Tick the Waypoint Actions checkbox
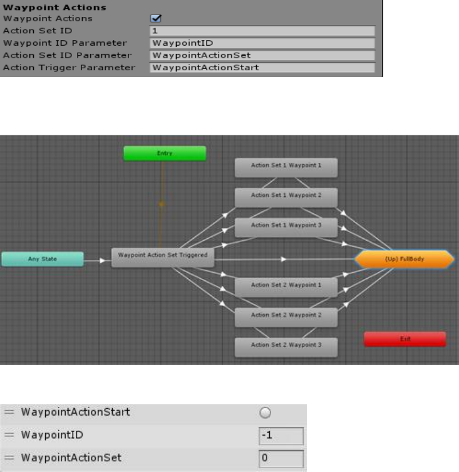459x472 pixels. pyautogui.click(x=157, y=19)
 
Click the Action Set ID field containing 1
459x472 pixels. pyautogui.click(x=262, y=31)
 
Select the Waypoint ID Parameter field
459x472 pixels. pyautogui.click(x=262, y=43)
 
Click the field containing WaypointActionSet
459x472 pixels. pyautogui.click(x=262, y=55)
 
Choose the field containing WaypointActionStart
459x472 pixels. pyautogui.click(x=262, y=67)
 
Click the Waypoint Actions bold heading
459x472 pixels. pyautogui.click(x=55, y=8)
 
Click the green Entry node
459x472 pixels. pyautogui.click(x=165, y=153)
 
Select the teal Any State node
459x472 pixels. pyautogui.click(x=43, y=258)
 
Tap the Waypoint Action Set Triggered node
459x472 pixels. pyautogui.click(x=163, y=257)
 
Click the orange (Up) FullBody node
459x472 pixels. pyautogui.click(x=405, y=259)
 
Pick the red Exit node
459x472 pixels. pyautogui.click(x=405, y=339)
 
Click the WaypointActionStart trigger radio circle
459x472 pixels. pyautogui.click(x=266, y=412)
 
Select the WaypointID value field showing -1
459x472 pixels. pyautogui.click(x=281, y=435)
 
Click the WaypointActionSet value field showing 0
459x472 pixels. pyautogui.click(x=281, y=458)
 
